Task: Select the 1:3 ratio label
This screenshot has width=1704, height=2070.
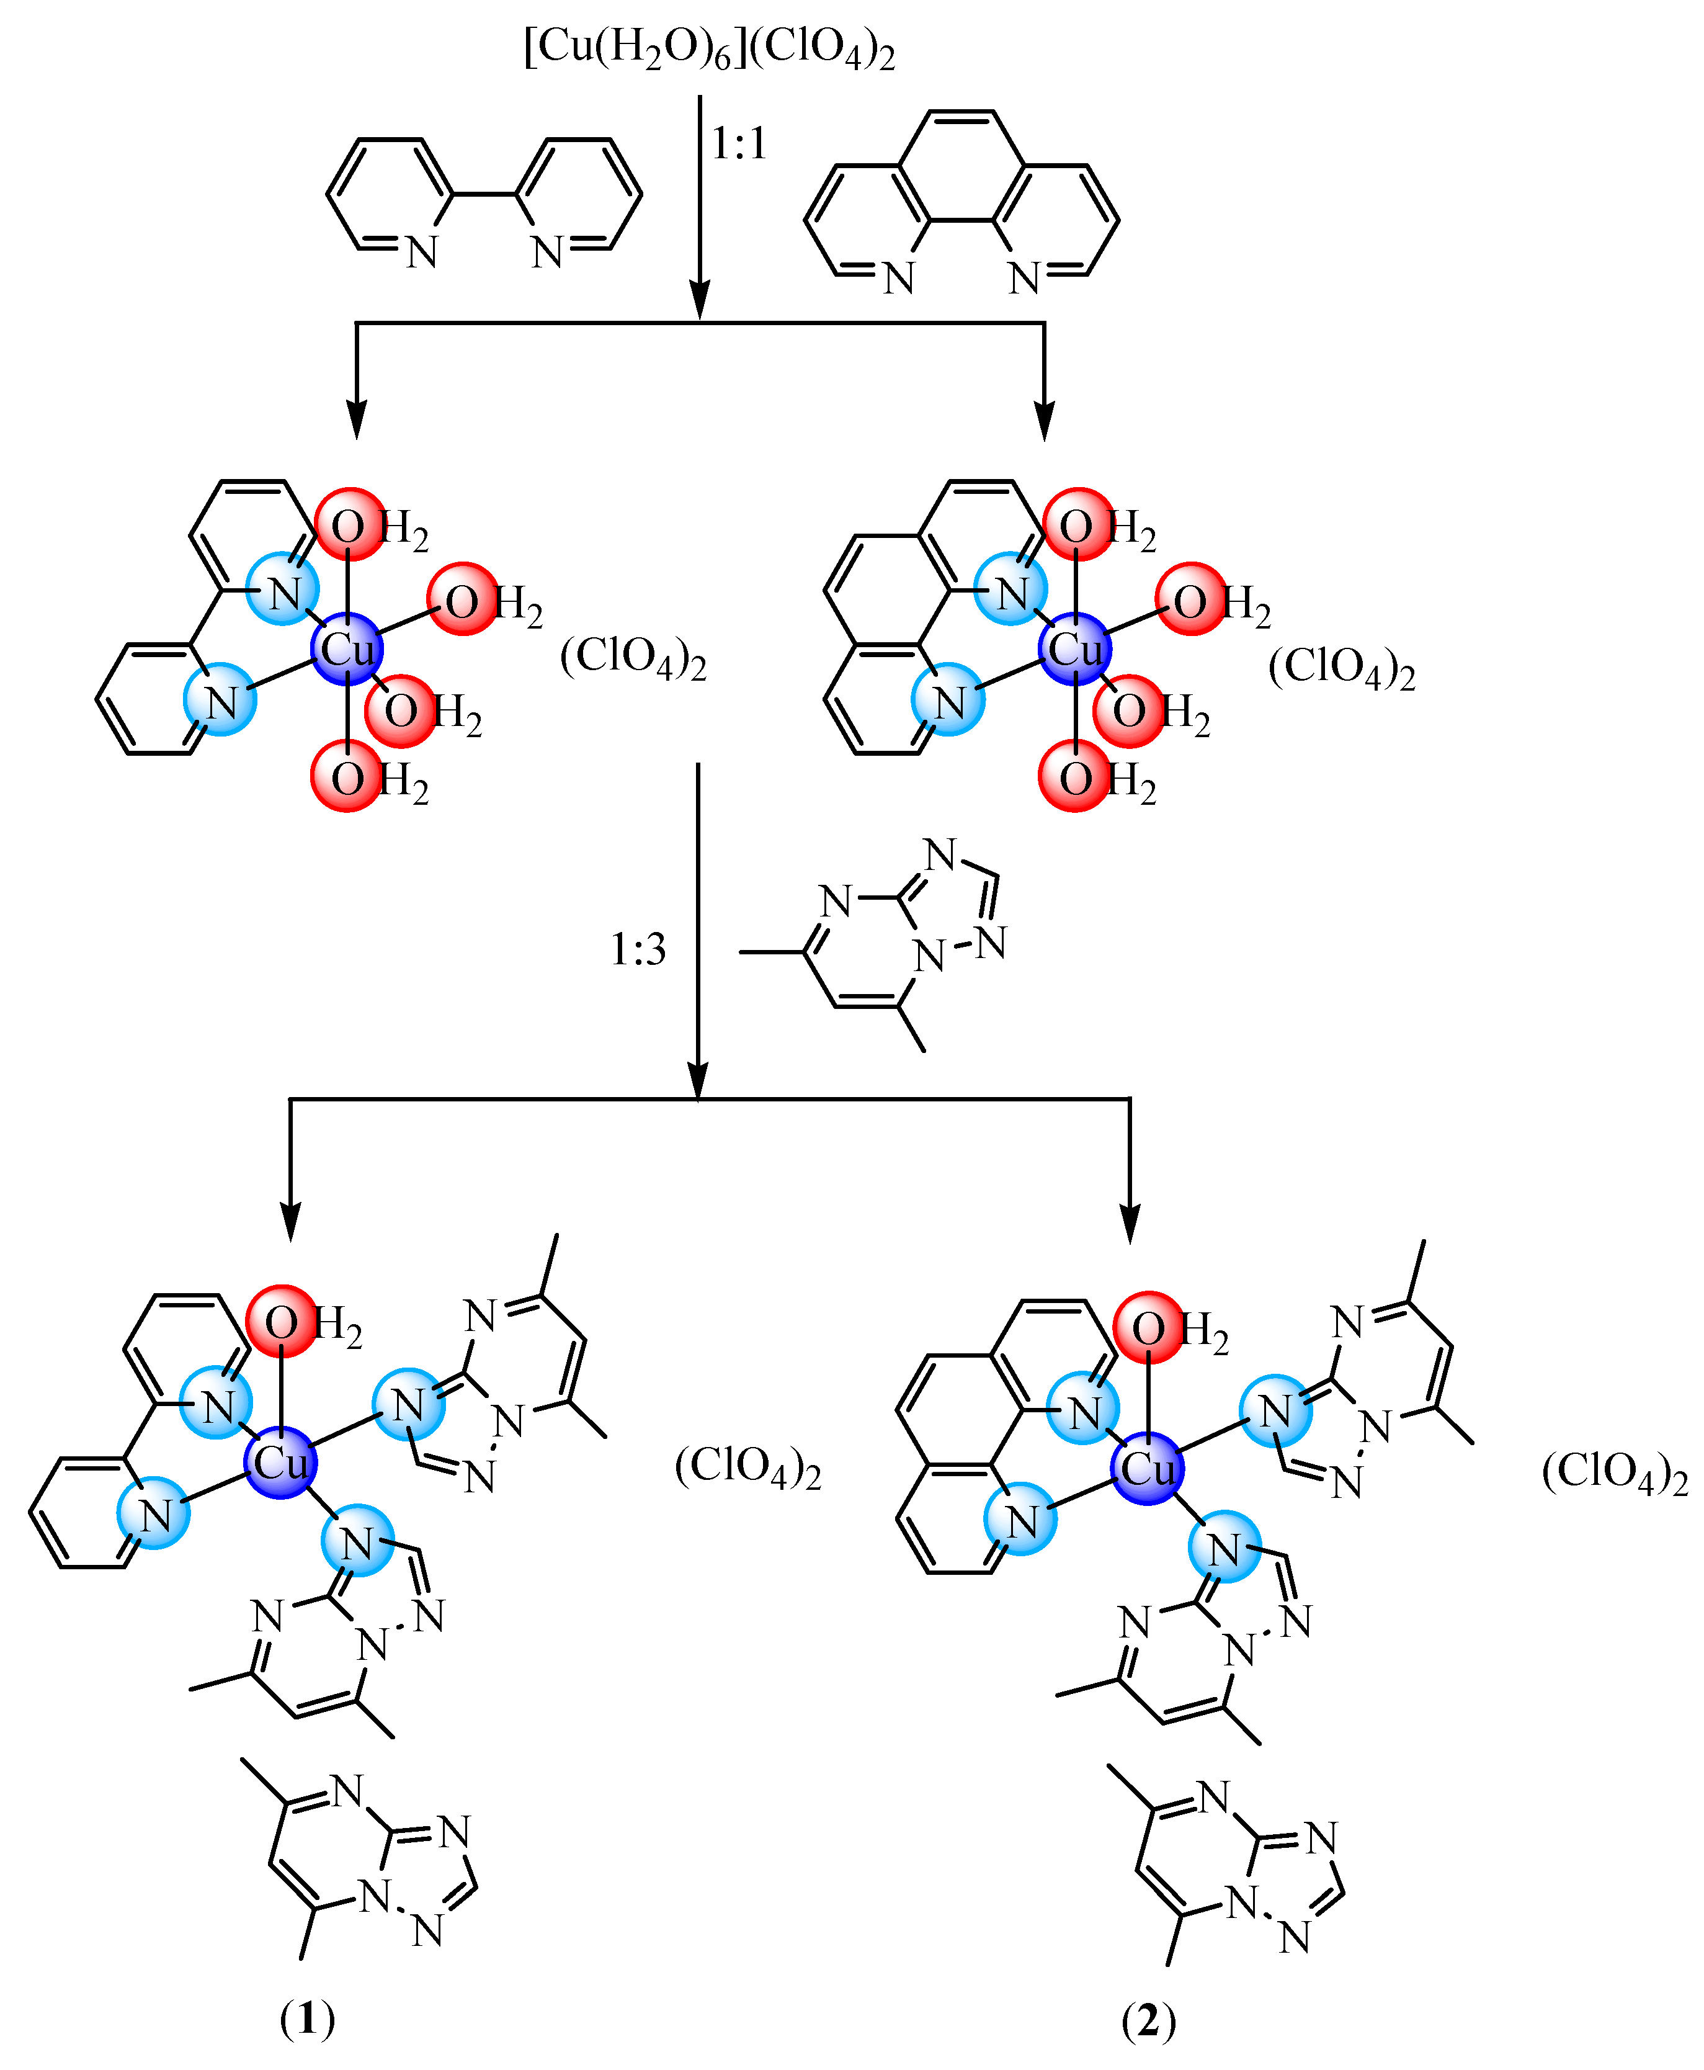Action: pos(638,949)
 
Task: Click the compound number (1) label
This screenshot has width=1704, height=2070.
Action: pos(307,2019)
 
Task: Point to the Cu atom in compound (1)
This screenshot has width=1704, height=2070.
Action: pos(281,1463)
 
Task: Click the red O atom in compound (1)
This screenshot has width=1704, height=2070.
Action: pos(281,1322)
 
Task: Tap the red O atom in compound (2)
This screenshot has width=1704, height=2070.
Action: pos(1148,1328)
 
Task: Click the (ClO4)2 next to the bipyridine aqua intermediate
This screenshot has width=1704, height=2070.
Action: pos(633,657)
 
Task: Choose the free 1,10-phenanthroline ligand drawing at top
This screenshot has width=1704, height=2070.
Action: pos(961,201)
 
